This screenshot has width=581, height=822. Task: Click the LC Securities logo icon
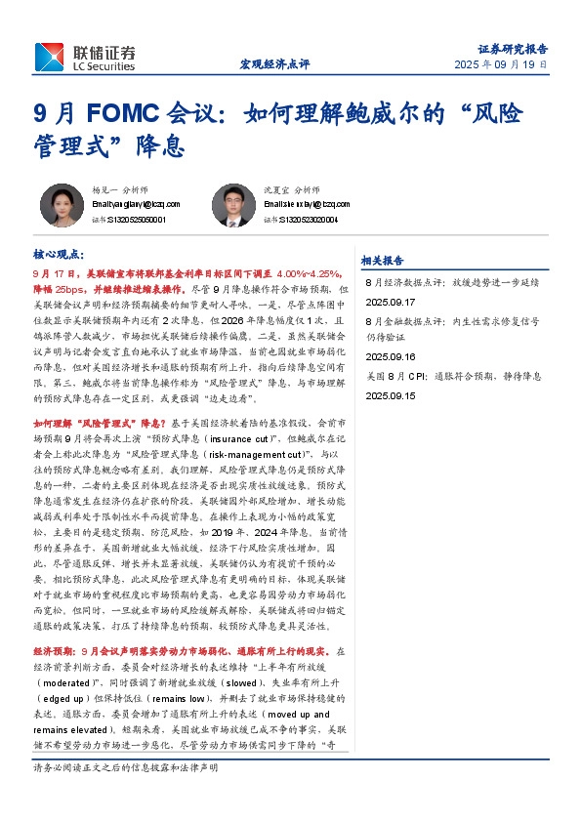pyautogui.click(x=50, y=57)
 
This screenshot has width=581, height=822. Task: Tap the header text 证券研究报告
pyautogui.click(x=513, y=48)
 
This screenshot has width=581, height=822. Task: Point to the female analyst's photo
pyautogui.click(x=62, y=205)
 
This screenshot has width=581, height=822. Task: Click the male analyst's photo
pyautogui.click(x=231, y=205)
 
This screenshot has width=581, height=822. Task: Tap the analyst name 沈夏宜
pyautogui.click(x=275, y=189)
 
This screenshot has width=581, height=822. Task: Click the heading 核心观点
pyautogui.click(x=59, y=255)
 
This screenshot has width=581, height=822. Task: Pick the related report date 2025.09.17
pyautogui.click(x=391, y=303)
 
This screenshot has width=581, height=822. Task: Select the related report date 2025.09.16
pyautogui.click(x=391, y=357)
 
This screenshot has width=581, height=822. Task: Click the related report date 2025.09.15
pyautogui.click(x=391, y=396)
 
